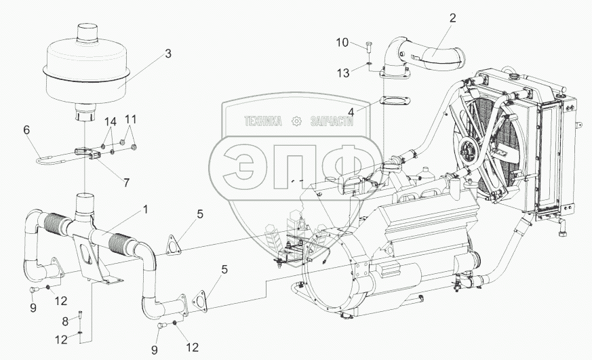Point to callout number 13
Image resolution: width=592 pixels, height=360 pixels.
coord(344,73)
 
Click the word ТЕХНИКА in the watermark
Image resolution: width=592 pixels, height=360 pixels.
coord(263,121)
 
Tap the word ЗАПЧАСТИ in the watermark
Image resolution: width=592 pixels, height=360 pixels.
coord(332,121)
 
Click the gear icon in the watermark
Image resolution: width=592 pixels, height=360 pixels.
coord(295,121)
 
